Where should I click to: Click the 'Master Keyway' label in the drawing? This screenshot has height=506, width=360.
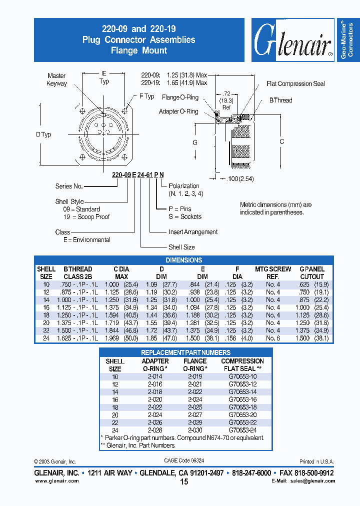pyautogui.click(x=56, y=79)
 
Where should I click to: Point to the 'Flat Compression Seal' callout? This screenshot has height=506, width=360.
pyautogui.click(x=295, y=83)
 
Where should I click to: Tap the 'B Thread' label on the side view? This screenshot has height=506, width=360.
pyautogui.click(x=280, y=100)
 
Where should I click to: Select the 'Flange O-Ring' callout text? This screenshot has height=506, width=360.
pyautogui.click(x=180, y=97)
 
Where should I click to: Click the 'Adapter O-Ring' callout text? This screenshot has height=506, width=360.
pyautogui.click(x=178, y=111)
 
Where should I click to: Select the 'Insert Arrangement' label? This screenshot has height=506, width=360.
pyautogui.click(x=193, y=232)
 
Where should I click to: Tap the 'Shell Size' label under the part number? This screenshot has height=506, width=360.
pyautogui.click(x=181, y=247)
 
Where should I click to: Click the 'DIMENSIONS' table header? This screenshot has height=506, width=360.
pyautogui.click(x=183, y=260)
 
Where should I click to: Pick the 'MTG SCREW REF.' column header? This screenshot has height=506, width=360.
pyautogui.click(x=273, y=272)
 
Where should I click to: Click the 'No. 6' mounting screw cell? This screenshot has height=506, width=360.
pyautogui.click(x=273, y=338)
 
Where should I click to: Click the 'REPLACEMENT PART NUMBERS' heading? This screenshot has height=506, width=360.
pyautogui.click(x=185, y=352)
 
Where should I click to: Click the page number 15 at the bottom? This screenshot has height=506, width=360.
pyautogui.click(x=183, y=482)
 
